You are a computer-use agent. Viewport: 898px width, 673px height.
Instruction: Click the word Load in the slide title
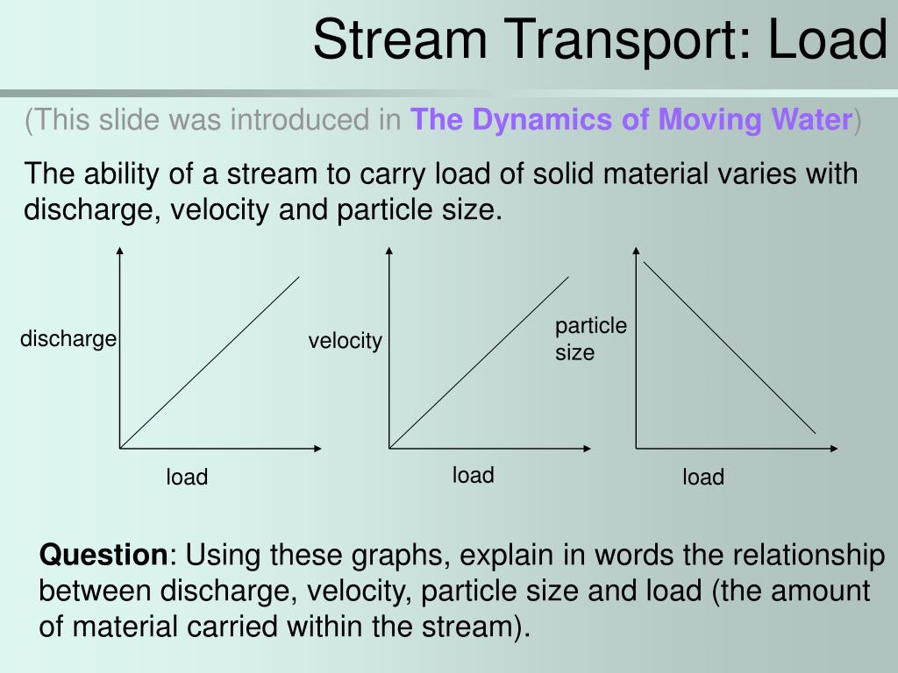829,40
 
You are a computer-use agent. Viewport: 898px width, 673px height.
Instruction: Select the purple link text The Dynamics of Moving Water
631,119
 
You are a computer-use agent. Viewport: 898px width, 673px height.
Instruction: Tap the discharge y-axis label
68,338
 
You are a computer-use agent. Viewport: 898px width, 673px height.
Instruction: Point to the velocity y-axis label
345,341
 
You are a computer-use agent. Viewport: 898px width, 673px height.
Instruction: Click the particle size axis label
590,339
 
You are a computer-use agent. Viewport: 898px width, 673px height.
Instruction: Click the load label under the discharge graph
187,478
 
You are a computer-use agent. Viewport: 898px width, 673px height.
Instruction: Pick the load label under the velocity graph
473,476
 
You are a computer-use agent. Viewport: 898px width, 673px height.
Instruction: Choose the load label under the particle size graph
703,478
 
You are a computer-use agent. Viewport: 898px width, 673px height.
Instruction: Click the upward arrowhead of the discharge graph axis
119,252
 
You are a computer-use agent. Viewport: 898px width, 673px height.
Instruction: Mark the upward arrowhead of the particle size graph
636,252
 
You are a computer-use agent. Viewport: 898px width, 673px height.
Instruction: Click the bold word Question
103,555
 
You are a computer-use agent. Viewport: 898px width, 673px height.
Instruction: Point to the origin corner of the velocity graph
389,448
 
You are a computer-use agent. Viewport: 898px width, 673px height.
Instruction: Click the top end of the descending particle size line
645,262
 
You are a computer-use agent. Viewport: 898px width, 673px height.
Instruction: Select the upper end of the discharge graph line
299,277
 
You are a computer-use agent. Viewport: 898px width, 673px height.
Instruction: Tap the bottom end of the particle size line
816,433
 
